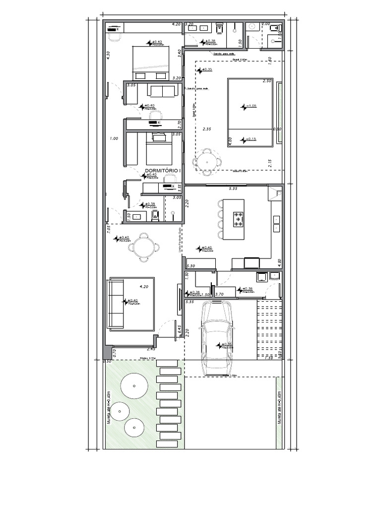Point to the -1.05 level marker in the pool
click(249, 106)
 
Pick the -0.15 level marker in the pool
click(249, 139)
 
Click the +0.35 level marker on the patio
click(205, 70)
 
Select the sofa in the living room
click(116, 304)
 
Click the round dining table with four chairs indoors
click(144, 247)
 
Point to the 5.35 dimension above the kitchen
click(233, 189)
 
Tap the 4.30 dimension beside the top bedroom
click(108, 56)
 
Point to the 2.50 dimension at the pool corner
click(266, 81)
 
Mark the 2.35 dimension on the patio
click(207, 129)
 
